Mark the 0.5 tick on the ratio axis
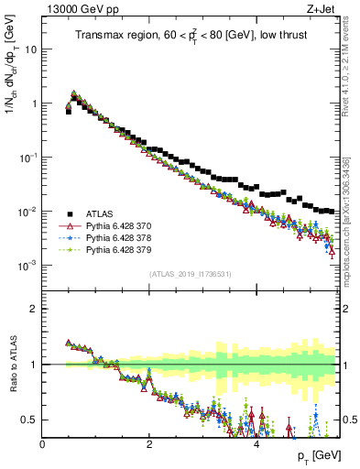[x=28, y=420]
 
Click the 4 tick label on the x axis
[x=256, y=444]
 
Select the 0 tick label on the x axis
[x=42, y=444]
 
